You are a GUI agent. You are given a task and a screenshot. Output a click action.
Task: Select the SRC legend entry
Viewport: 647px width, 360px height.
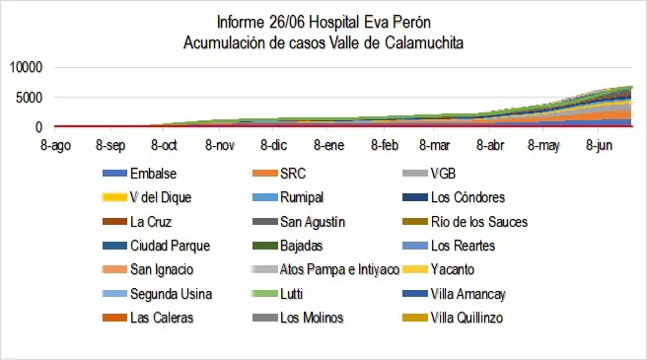tap(293, 173)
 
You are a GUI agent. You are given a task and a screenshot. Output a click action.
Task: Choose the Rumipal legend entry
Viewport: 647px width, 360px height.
tap(303, 196)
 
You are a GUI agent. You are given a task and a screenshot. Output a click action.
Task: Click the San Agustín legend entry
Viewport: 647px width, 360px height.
tap(315, 221)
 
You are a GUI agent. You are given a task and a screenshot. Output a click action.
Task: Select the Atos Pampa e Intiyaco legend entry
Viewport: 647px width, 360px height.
tap(338, 269)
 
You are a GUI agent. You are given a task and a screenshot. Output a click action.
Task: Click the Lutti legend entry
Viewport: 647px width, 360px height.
tap(293, 294)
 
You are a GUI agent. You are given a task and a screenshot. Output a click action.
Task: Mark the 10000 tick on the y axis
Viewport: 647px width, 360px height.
tap(26, 68)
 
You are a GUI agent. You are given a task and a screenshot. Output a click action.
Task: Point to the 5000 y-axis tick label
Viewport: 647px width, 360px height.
tap(30, 98)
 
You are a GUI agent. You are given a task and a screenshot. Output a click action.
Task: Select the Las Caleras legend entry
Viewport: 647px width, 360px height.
tap(162, 318)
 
